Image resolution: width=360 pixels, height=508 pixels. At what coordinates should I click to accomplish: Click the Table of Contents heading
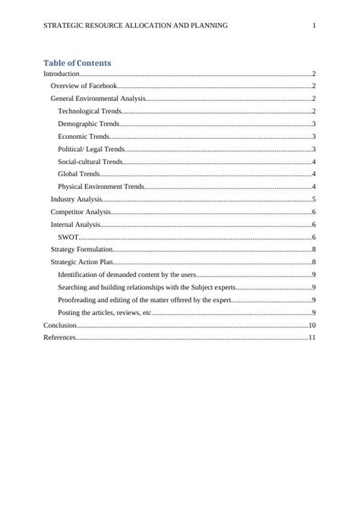77,63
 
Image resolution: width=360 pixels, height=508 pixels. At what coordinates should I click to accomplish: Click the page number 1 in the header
314,26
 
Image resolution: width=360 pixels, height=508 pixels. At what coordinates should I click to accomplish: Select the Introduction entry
61,74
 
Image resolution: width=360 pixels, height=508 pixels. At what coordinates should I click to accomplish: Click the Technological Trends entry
90,112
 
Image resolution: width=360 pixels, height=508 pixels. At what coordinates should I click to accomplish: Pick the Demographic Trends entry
88,124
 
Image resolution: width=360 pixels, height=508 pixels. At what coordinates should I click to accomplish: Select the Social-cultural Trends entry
90,162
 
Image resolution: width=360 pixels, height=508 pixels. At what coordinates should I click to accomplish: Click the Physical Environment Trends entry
100,186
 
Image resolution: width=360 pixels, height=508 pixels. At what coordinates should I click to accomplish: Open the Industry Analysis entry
76,199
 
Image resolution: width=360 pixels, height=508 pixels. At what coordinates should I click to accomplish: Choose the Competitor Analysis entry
81,212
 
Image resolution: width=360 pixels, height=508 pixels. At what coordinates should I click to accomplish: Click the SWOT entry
68,237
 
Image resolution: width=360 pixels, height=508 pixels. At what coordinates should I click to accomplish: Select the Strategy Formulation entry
81,249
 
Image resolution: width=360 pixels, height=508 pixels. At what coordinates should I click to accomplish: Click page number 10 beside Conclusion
311,324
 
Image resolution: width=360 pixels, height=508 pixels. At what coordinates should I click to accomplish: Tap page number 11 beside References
311,337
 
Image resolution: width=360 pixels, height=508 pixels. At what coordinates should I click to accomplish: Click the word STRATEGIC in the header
62,26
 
